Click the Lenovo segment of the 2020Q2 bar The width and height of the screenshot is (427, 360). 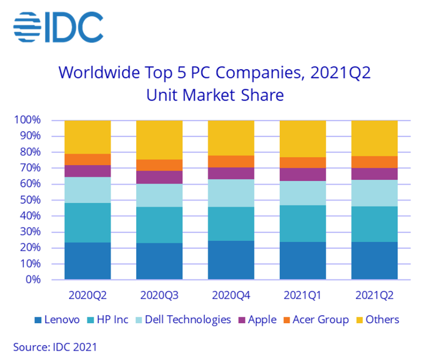tap(87, 261)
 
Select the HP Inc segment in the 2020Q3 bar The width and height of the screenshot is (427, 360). tap(159, 225)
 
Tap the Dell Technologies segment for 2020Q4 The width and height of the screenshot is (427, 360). tap(231, 193)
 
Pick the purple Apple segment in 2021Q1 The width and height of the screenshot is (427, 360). tap(302, 174)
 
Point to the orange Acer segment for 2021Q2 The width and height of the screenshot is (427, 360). tap(374, 162)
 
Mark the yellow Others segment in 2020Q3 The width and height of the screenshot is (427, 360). tap(159, 139)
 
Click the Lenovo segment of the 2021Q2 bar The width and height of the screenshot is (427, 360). tap(374, 260)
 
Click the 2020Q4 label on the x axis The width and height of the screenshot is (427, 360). tap(231, 296)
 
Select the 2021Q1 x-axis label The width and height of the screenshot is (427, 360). tap(302, 296)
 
